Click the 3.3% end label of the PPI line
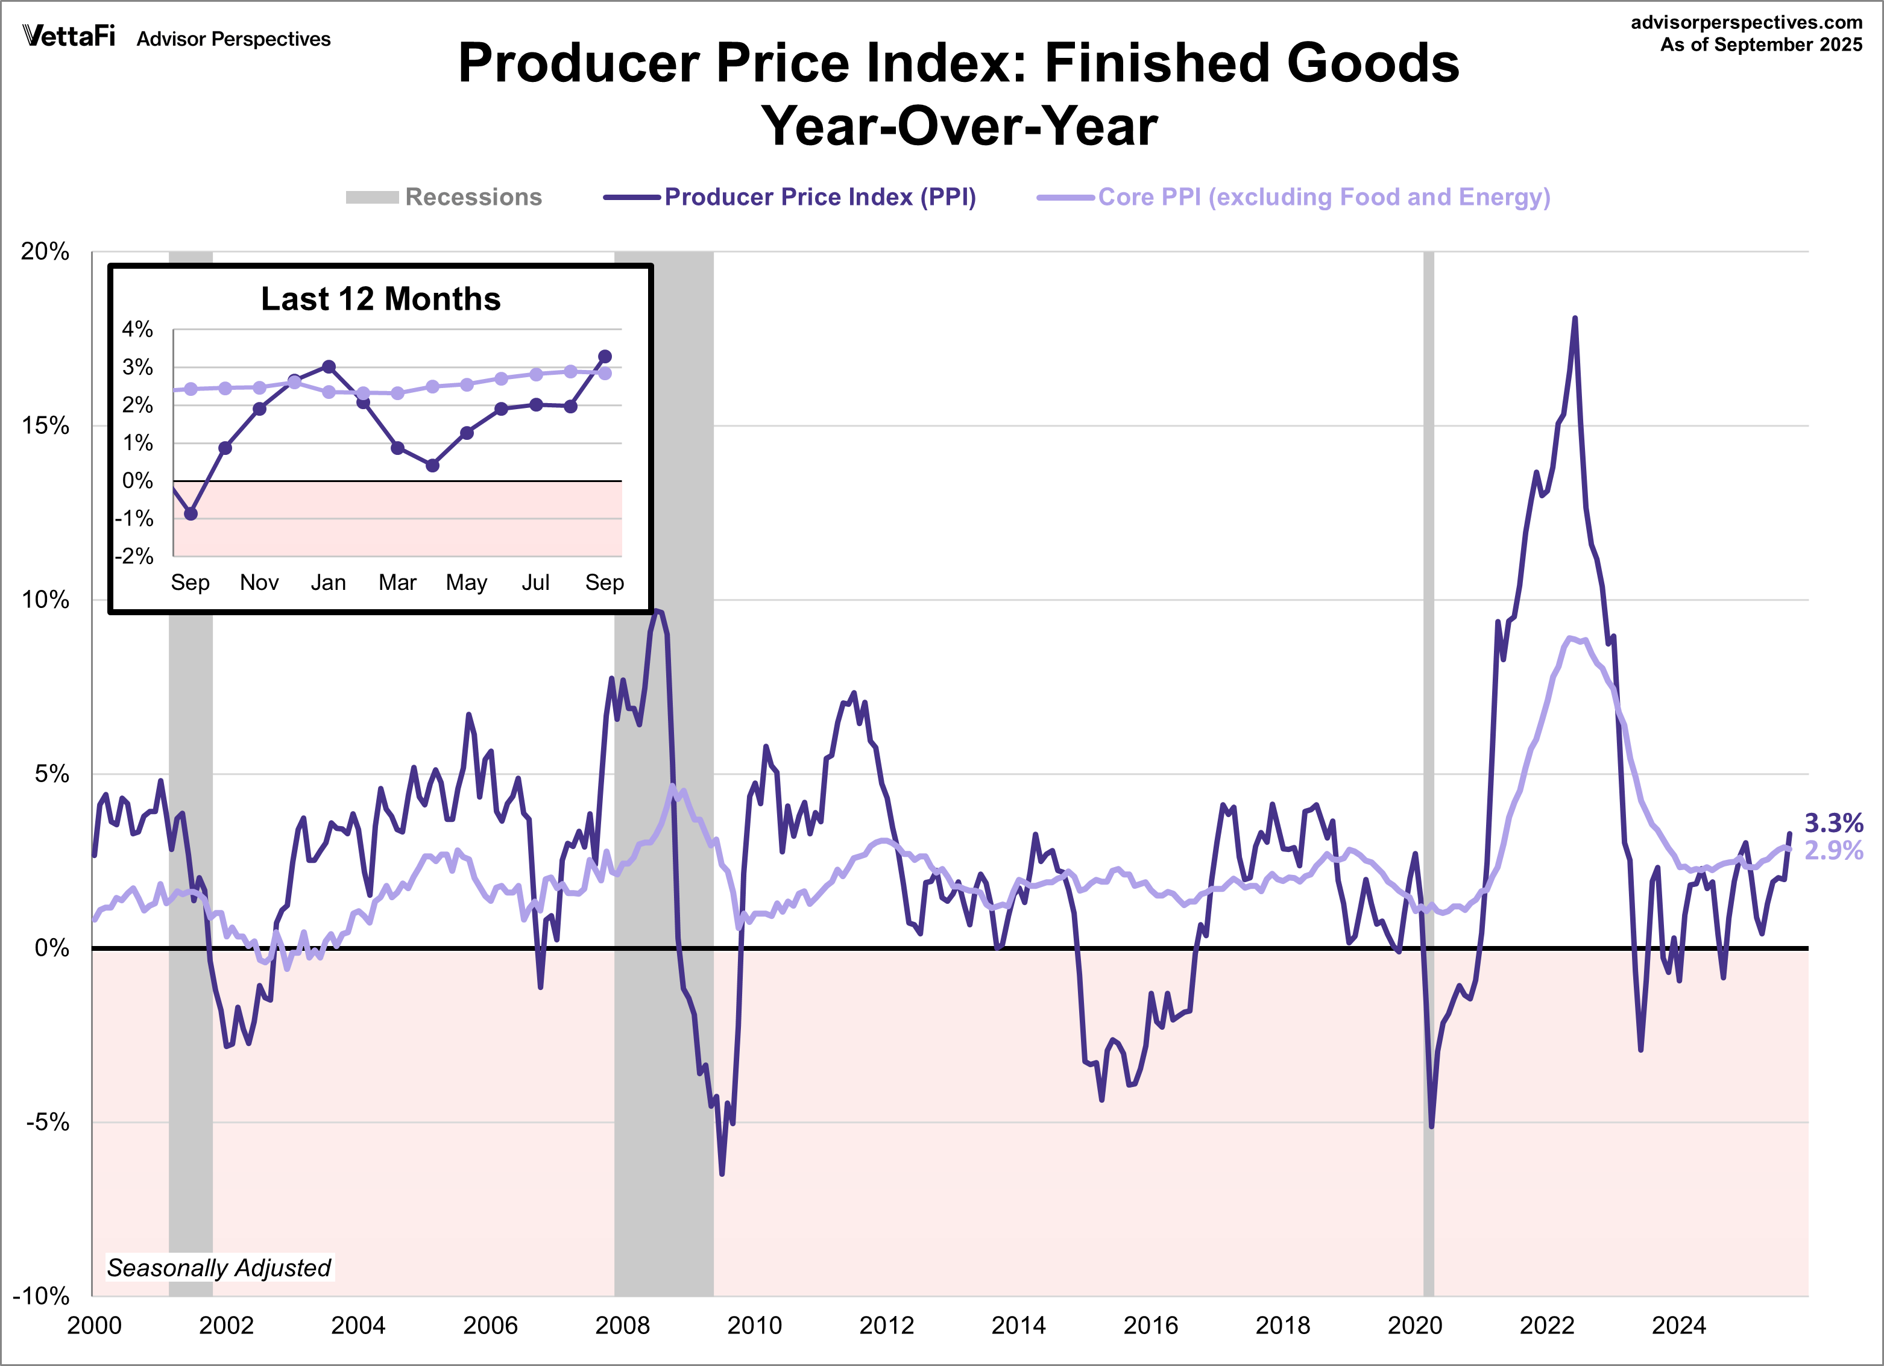coord(1833,823)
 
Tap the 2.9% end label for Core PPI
coord(1833,850)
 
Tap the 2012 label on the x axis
coord(886,1325)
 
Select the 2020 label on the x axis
coord(1415,1325)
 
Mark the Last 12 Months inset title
coord(380,299)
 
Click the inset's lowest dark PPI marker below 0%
coord(191,514)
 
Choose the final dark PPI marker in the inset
coord(605,356)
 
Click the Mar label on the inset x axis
coord(397,582)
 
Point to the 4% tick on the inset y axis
coord(138,330)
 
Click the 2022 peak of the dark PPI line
coord(1574,319)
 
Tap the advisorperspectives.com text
coord(1746,22)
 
